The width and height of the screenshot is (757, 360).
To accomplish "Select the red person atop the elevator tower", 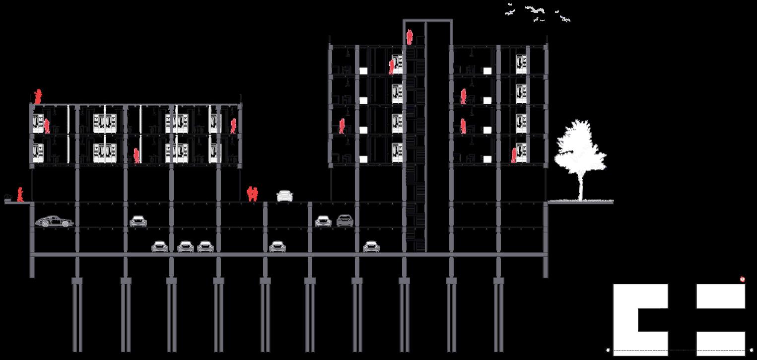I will pos(410,37).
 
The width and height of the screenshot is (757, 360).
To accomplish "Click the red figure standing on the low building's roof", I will pos(38,96).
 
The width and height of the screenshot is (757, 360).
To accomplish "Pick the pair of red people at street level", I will pos(253,193).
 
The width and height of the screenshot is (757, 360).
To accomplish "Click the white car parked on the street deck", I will pos(284,196).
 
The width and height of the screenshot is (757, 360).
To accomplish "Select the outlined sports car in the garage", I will pos(54,221).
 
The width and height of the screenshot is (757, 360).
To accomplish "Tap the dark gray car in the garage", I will pos(345,220).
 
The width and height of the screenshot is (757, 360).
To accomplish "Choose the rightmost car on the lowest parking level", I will pos(371,246).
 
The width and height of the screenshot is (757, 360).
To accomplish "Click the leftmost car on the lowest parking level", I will pos(160,246).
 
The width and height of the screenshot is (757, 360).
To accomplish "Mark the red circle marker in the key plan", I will pos(743,280).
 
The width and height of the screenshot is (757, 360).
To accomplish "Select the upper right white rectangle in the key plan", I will pos(721,296).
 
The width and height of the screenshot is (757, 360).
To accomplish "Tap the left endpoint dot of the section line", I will pos(608,350).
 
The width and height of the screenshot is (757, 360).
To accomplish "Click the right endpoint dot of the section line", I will pos(751,350).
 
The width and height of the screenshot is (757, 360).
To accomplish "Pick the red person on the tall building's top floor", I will pos(391,67).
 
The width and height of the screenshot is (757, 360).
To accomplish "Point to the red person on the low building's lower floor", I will pos(137,156).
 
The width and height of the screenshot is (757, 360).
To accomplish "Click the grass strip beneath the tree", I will pos(581,202).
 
